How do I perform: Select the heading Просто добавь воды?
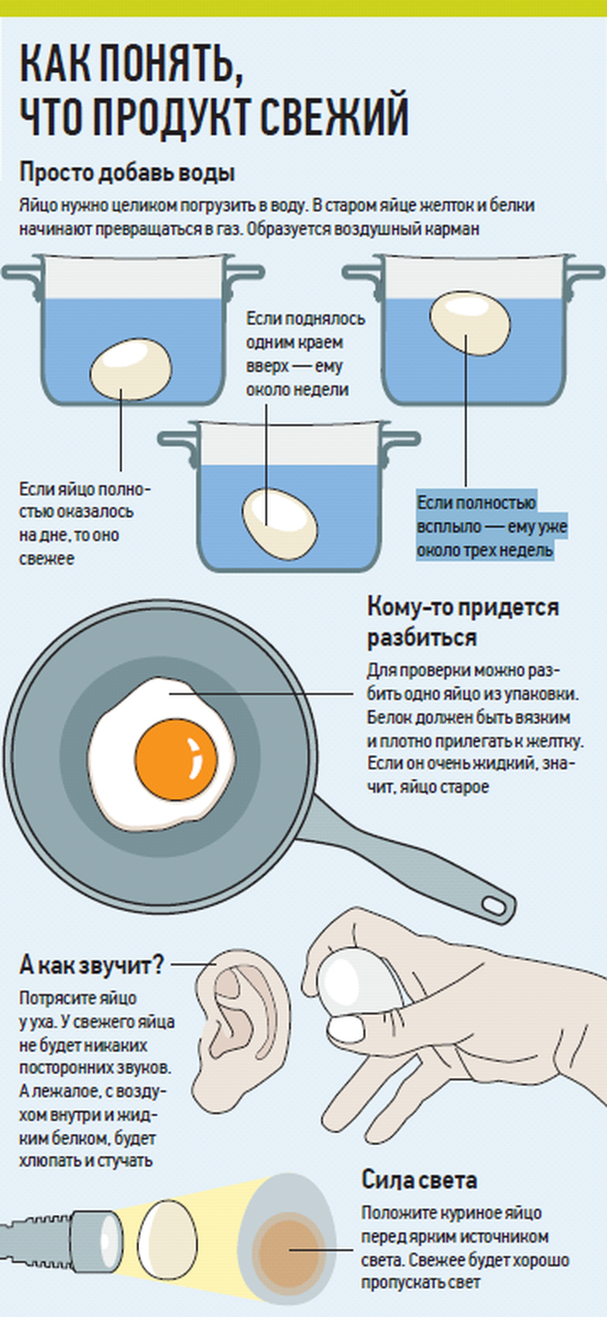point(126,174)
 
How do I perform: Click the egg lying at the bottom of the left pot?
point(131,369)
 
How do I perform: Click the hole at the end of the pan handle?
point(497,905)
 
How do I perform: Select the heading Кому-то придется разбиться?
point(463,622)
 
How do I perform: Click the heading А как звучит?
point(91,963)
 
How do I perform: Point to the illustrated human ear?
point(240,1008)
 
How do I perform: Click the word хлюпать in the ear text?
point(46,1160)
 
